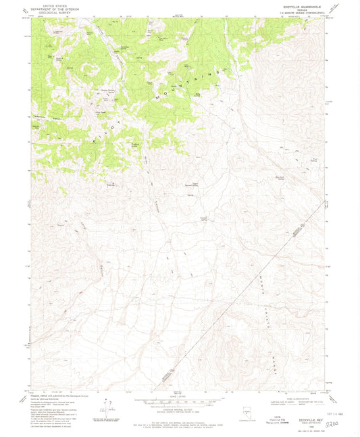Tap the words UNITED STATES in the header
click(55, 5)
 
